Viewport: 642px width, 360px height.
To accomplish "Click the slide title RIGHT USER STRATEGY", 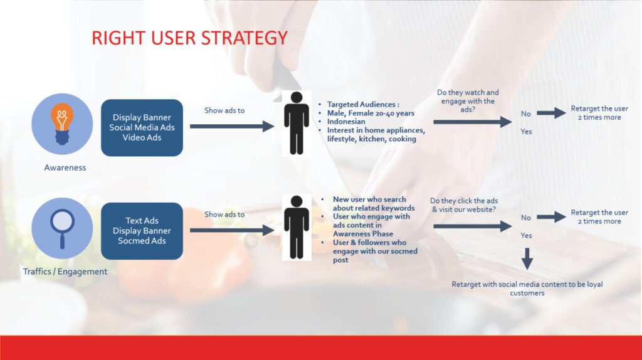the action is tap(189, 38).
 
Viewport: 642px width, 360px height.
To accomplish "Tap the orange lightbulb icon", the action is tap(62, 124).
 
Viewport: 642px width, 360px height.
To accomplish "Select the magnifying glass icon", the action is tap(62, 228).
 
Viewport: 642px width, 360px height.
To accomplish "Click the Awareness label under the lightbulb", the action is tap(65, 167).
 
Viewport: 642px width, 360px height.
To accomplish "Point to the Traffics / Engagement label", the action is tap(65, 272).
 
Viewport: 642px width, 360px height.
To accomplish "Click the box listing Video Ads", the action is tap(142, 127).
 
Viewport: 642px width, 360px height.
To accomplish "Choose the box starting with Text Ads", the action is tap(142, 231).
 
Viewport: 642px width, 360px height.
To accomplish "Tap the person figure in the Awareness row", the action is tap(297, 123).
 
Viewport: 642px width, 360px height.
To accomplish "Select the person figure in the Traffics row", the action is tap(297, 227).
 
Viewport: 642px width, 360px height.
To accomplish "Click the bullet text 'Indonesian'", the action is tap(346, 122).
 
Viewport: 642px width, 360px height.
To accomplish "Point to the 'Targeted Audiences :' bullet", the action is tap(363, 105).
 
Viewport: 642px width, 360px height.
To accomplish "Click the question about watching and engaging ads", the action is tap(468, 101).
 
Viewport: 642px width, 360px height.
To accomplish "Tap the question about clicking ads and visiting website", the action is tap(464, 205).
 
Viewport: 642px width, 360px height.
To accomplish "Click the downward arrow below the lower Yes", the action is tap(527, 259).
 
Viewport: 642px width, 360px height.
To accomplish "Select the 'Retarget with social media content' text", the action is tap(527, 289).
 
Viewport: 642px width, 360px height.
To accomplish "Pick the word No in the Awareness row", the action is tap(526, 114).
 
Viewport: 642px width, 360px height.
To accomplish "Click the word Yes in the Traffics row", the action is tap(526, 235).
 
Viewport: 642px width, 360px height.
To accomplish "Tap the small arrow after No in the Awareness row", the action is tap(551, 113).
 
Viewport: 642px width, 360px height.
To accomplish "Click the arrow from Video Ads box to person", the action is tap(232, 126).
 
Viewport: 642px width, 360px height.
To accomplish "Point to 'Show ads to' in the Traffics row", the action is tap(224, 214).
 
